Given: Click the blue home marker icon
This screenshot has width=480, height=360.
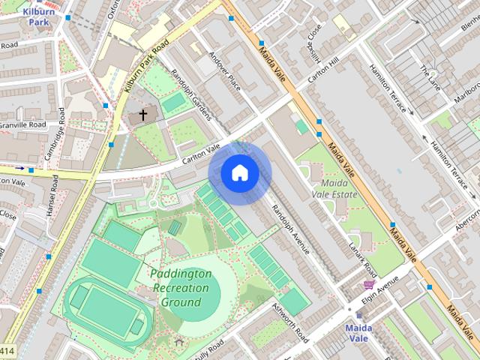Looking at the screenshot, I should (239, 173).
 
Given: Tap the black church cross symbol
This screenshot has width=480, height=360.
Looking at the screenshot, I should (142, 115).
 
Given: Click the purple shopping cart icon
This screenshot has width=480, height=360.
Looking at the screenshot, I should (367, 285).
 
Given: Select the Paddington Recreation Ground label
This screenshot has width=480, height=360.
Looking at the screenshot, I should (181, 288).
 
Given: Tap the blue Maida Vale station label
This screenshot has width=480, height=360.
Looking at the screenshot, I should (359, 333).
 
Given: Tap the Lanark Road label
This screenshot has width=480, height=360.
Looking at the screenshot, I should (361, 259).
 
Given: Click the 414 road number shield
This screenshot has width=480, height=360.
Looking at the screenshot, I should (7, 351).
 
